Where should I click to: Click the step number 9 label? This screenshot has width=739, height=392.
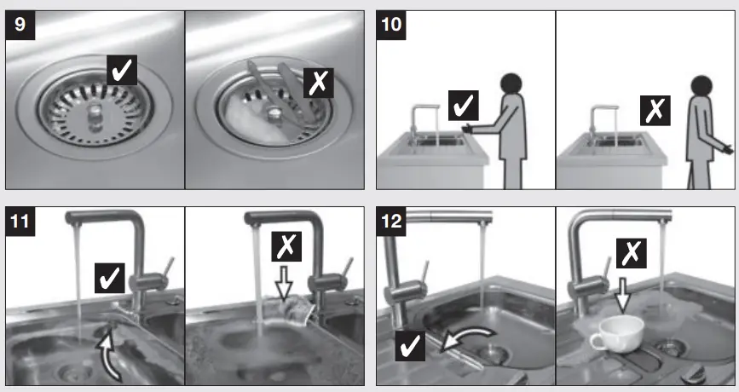point(20,26)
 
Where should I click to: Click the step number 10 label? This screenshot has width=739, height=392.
point(391,25)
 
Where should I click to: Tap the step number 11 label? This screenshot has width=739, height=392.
point(20,223)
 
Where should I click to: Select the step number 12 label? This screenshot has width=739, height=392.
point(391,223)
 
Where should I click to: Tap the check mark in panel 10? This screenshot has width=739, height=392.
point(463,106)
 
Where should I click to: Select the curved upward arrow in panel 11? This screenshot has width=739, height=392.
point(108,353)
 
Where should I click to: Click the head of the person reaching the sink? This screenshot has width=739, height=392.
point(511,84)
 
